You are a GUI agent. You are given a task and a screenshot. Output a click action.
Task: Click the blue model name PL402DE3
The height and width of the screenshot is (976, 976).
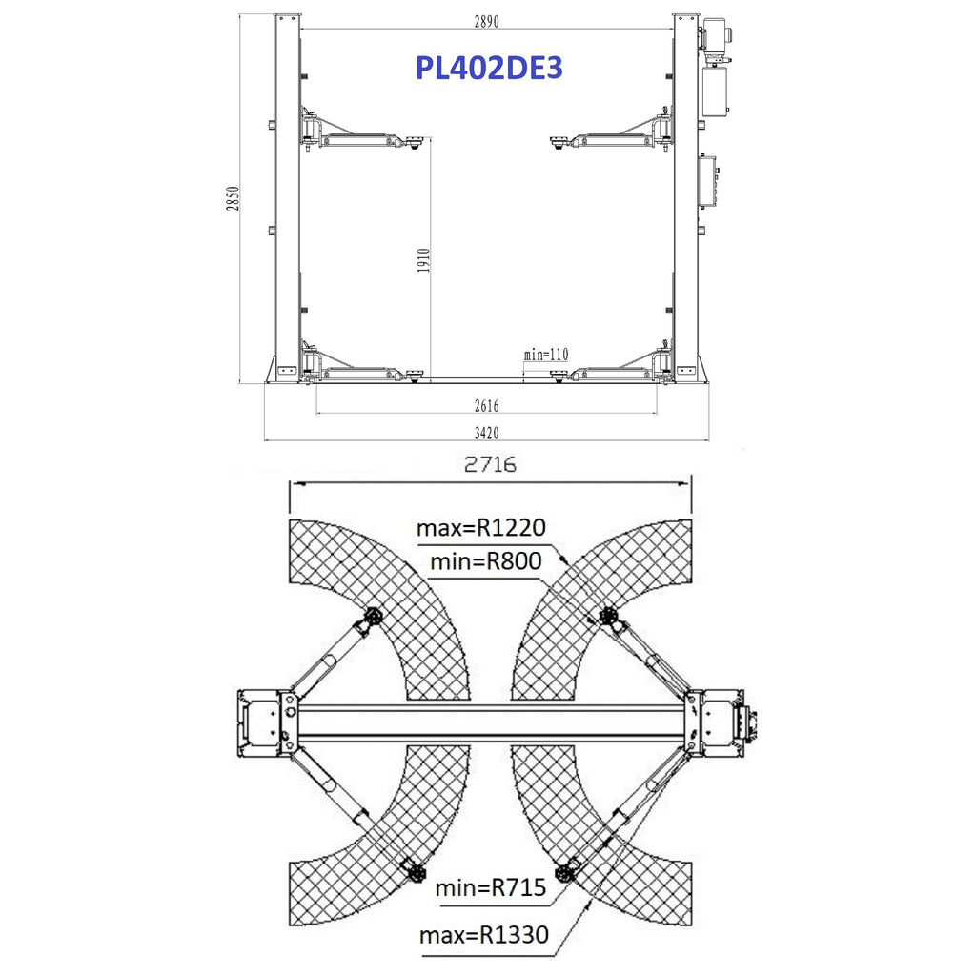tap(489, 68)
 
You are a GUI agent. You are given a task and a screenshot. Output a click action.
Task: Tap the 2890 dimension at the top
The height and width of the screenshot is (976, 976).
tap(487, 21)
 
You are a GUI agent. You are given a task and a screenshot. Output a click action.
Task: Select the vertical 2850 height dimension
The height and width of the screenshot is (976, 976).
tap(233, 198)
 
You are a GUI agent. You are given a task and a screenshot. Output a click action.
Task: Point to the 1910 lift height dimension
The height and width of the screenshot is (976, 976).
tap(423, 260)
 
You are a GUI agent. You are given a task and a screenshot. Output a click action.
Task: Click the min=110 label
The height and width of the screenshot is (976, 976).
tap(546, 355)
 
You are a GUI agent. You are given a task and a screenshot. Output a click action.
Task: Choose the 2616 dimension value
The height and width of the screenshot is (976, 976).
tap(487, 406)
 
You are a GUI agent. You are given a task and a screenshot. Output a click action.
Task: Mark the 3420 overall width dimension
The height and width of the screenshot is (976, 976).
tap(487, 433)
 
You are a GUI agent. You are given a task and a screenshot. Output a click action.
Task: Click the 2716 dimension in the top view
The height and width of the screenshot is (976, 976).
tap(491, 464)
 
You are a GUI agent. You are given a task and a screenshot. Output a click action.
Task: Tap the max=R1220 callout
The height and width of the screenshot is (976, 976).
tap(481, 528)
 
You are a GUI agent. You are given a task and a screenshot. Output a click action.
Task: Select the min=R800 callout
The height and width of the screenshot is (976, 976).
tap(486, 561)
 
